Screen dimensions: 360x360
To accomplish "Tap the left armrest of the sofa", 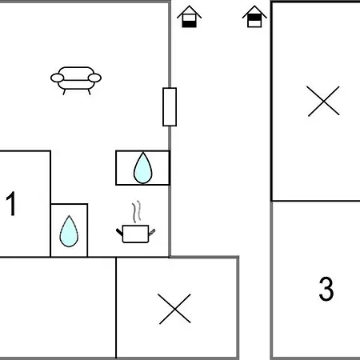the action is (x=58, y=78).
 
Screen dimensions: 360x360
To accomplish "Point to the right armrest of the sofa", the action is (x=94, y=78).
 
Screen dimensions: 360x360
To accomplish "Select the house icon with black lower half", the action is (x=189, y=17).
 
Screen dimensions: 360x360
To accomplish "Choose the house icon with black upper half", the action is (x=254, y=17).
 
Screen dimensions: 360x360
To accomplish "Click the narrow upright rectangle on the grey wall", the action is (x=170, y=106).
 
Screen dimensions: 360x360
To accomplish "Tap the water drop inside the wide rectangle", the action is (x=143, y=168).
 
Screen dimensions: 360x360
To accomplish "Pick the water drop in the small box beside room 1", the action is (x=69, y=231).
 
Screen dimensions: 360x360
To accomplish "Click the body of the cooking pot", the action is (x=135, y=234).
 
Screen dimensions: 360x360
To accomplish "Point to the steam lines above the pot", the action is (x=136, y=211).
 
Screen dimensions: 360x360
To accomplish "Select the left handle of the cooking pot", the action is (x=119, y=232).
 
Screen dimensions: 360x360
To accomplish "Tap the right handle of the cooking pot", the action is (x=152, y=232).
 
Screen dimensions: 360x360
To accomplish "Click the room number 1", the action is (x=11, y=203).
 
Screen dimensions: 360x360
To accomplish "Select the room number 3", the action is (x=326, y=289).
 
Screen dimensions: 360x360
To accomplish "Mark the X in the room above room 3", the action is (x=323, y=101).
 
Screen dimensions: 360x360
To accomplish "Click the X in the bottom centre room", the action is (x=174, y=309).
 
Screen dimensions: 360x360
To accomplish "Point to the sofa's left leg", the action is (x=64, y=92).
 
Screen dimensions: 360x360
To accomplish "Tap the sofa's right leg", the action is (x=89, y=92).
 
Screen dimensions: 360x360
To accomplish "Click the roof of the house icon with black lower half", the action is (x=189, y=10).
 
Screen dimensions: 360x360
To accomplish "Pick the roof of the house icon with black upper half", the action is (x=254, y=10).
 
